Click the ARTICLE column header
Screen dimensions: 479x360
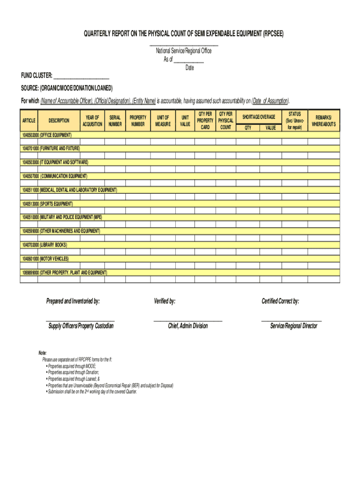[x=29, y=121]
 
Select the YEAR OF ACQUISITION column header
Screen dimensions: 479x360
[x=93, y=121]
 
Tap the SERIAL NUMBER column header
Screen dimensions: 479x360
[x=115, y=121]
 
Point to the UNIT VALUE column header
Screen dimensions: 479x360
[x=185, y=121]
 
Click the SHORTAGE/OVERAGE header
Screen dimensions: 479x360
[x=259, y=116]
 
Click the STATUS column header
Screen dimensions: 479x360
[x=295, y=121]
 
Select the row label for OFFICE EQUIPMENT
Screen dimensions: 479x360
[x=46, y=135]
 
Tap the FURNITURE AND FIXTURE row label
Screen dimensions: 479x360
[x=50, y=148]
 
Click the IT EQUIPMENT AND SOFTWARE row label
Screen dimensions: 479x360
[x=55, y=162]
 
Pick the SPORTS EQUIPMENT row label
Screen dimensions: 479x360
[x=47, y=204]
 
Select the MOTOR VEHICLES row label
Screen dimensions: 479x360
[x=45, y=259]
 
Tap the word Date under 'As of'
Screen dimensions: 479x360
[x=189, y=68]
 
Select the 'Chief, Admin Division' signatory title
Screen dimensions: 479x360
[x=187, y=326]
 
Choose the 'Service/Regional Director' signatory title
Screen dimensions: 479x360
[x=293, y=326]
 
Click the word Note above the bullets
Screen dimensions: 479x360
[x=43, y=353]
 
